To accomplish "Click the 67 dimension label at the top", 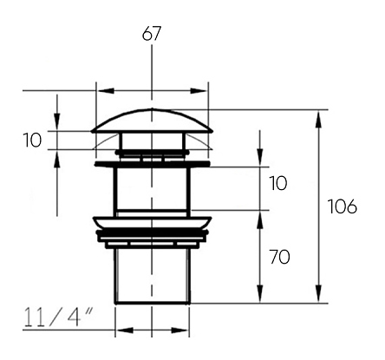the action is (151, 34).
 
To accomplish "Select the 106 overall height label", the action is (343, 206).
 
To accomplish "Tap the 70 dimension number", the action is (279, 257).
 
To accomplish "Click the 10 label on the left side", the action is (32, 140).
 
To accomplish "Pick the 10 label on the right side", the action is (278, 183).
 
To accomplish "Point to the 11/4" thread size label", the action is (58, 317).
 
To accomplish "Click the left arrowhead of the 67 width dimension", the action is (106, 91).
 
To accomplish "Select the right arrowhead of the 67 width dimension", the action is (199, 91).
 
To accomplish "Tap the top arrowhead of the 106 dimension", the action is (318, 119).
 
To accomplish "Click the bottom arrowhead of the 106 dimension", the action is (318, 294).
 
